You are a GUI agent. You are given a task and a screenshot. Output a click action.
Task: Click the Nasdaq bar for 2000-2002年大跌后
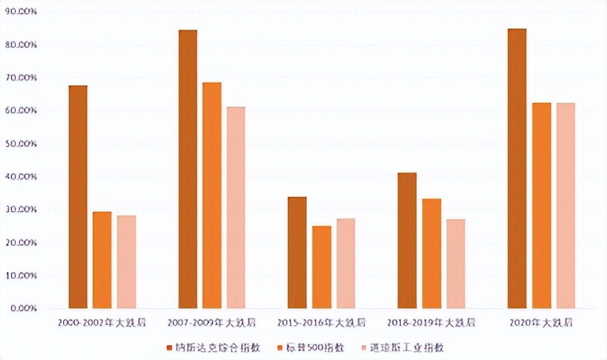tap(78, 197)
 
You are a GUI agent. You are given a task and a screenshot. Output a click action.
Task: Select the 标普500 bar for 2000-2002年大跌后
tap(102, 260)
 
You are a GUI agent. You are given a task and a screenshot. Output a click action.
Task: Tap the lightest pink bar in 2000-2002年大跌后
tap(126, 262)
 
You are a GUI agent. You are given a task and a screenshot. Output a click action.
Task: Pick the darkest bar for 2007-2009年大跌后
tap(187, 169)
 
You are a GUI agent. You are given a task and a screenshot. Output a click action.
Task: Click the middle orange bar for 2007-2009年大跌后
tap(212, 195)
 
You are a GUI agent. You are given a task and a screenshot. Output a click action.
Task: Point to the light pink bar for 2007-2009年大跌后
tap(236, 208)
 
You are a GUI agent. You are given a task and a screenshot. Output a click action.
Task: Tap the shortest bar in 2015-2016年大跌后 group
tap(322, 267)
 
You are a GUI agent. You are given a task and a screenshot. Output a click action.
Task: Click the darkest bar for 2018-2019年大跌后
tap(407, 240)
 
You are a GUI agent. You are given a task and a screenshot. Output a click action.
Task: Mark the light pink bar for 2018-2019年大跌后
tap(455, 264)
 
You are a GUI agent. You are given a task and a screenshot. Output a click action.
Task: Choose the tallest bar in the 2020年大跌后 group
tap(517, 169)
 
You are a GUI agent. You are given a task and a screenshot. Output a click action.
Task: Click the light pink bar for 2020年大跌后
tap(565, 206)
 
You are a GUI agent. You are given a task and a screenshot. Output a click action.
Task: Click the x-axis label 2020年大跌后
tap(541, 323)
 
